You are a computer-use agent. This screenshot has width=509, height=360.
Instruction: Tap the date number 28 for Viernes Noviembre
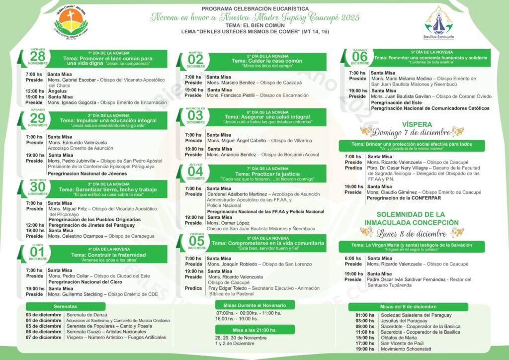[x=38, y=56]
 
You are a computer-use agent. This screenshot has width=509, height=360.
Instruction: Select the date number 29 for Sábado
[x=38, y=118]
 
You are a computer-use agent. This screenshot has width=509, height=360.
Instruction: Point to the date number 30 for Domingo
[x=38, y=186]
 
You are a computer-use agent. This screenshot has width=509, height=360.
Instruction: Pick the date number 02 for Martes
[x=195, y=60]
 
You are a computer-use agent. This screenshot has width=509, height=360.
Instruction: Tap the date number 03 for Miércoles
[x=195, y=115]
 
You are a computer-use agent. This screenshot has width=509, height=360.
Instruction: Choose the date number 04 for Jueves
[x=195, y=172]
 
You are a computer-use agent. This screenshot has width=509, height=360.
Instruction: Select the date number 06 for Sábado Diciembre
[x=360, y=57]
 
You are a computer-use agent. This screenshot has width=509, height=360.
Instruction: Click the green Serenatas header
[x=66, y=306]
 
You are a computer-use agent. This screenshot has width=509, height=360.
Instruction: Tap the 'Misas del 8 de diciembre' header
[x=401, y=306]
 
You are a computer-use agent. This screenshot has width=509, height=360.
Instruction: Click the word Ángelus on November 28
[x=58, y=91]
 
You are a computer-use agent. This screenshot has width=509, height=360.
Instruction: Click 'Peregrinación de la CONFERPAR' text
[x=403, y=198]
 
